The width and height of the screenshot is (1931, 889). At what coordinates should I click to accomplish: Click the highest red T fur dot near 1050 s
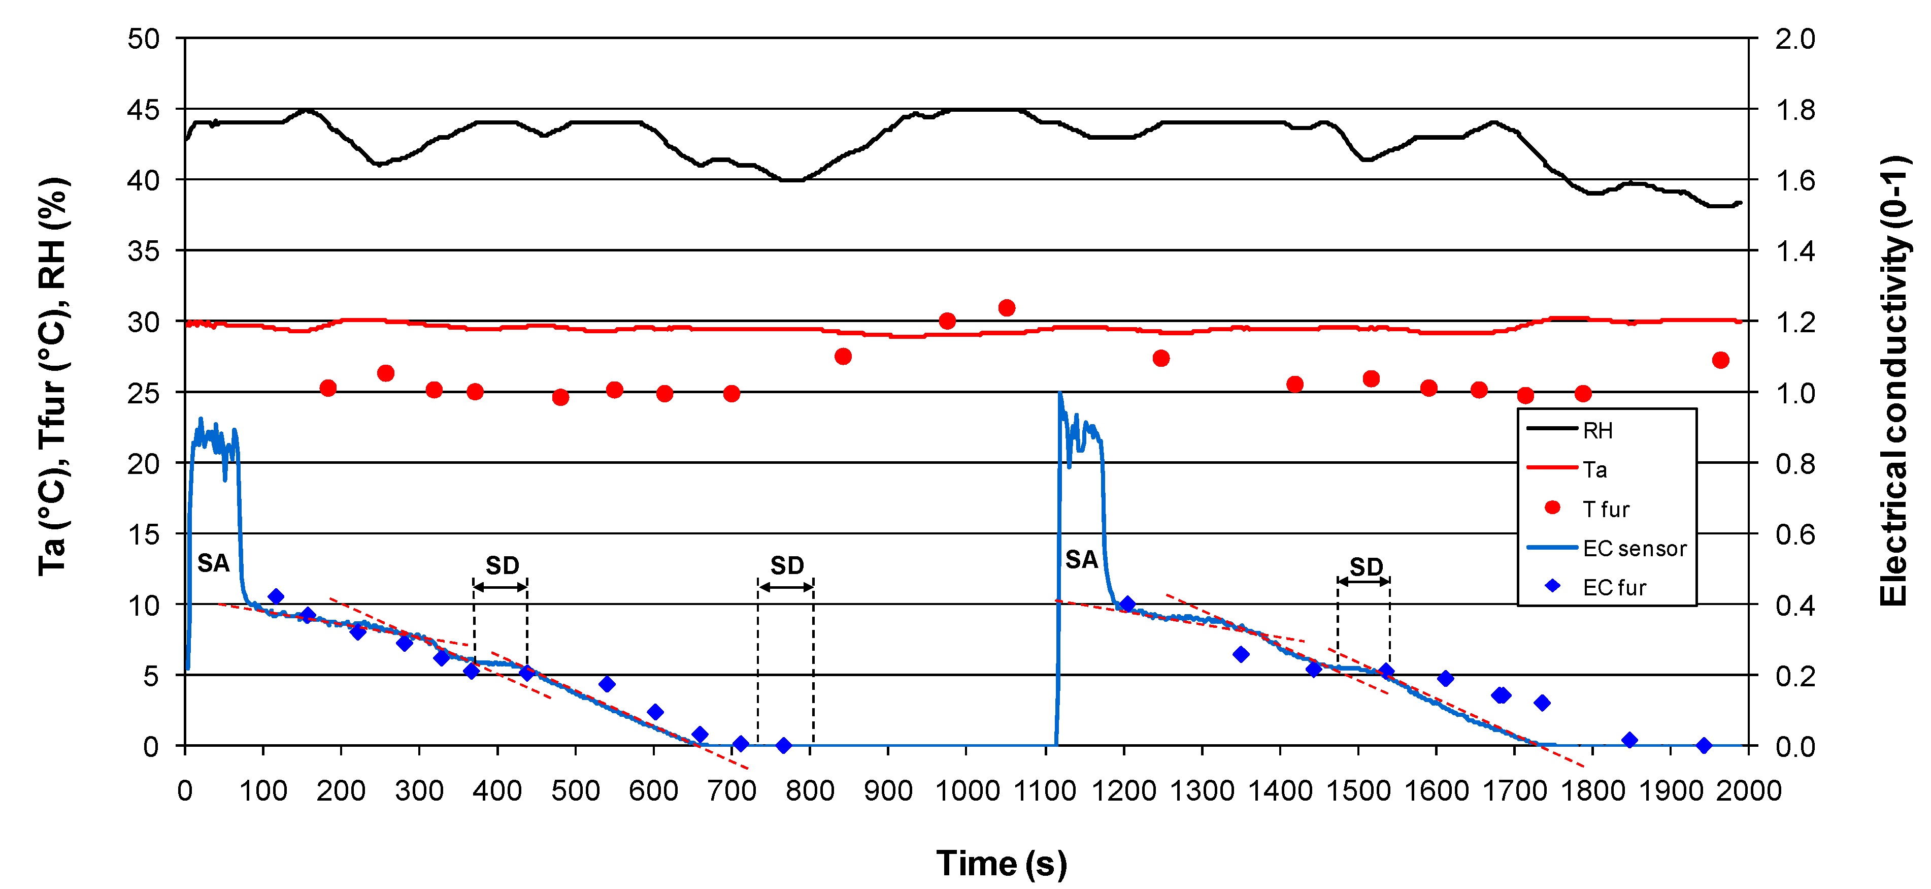[1007, 307]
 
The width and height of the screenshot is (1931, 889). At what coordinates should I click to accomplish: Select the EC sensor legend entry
[1634, 549]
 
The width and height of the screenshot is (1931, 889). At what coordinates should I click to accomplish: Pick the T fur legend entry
[1605, 510]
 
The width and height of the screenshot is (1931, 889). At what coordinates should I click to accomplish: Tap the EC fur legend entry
[1613, 587]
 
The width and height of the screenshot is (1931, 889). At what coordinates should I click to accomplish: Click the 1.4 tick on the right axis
[1794, 250]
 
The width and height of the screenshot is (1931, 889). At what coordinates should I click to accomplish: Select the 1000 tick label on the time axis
[966, 791]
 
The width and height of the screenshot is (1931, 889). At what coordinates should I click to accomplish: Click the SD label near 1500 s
[1366, 566]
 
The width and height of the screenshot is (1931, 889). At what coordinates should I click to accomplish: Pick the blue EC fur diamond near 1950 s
[1703, 745]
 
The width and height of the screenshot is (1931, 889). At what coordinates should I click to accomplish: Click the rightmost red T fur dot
[1720, 360]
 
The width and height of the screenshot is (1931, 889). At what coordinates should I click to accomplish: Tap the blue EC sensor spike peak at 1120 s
[1059, 393]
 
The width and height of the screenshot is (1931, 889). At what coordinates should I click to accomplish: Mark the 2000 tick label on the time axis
[1748, 791]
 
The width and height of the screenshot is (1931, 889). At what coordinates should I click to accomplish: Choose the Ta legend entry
[1594, 469]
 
